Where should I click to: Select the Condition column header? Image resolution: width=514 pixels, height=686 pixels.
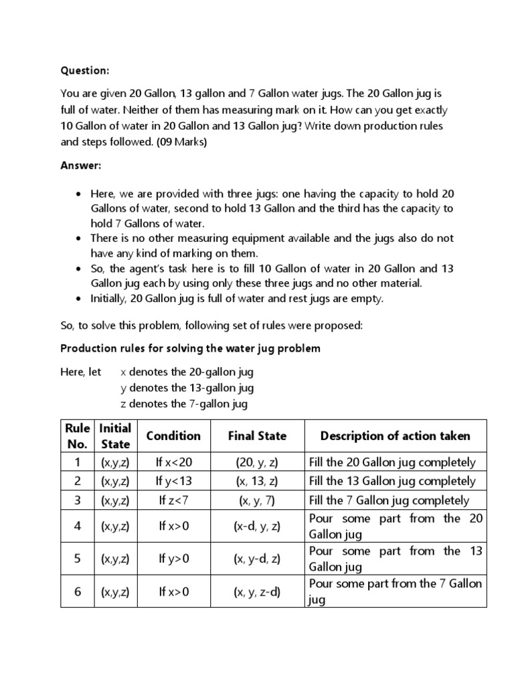[x=173, y=436]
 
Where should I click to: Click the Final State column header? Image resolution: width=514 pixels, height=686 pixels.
[x=257, y=436]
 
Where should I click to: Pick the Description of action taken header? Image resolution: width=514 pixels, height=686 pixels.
[x=395, y=436]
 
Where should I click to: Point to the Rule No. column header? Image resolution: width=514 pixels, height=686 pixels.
[x=77, y=436]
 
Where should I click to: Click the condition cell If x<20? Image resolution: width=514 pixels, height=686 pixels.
[x=173, y=462]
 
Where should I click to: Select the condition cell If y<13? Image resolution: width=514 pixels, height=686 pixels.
[x=173, y=481]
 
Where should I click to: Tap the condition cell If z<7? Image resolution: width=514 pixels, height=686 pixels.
[x=173, y=500]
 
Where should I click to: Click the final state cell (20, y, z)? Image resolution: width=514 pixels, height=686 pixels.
[x=257, y=462]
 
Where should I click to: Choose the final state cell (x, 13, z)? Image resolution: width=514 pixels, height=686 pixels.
[x=257, y=481]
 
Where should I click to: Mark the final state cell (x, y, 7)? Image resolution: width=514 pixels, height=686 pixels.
[x=257, y=500]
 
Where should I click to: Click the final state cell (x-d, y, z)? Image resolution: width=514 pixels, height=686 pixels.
[x=257, y=527]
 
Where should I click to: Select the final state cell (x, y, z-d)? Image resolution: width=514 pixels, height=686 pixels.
[x=257, y=592]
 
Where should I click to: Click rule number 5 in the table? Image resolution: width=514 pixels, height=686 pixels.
[x=77, y=559]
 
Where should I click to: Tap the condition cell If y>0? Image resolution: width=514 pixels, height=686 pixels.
[x=173, y=559]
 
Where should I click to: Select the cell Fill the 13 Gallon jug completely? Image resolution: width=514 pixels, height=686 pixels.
[x=392, y=481]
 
